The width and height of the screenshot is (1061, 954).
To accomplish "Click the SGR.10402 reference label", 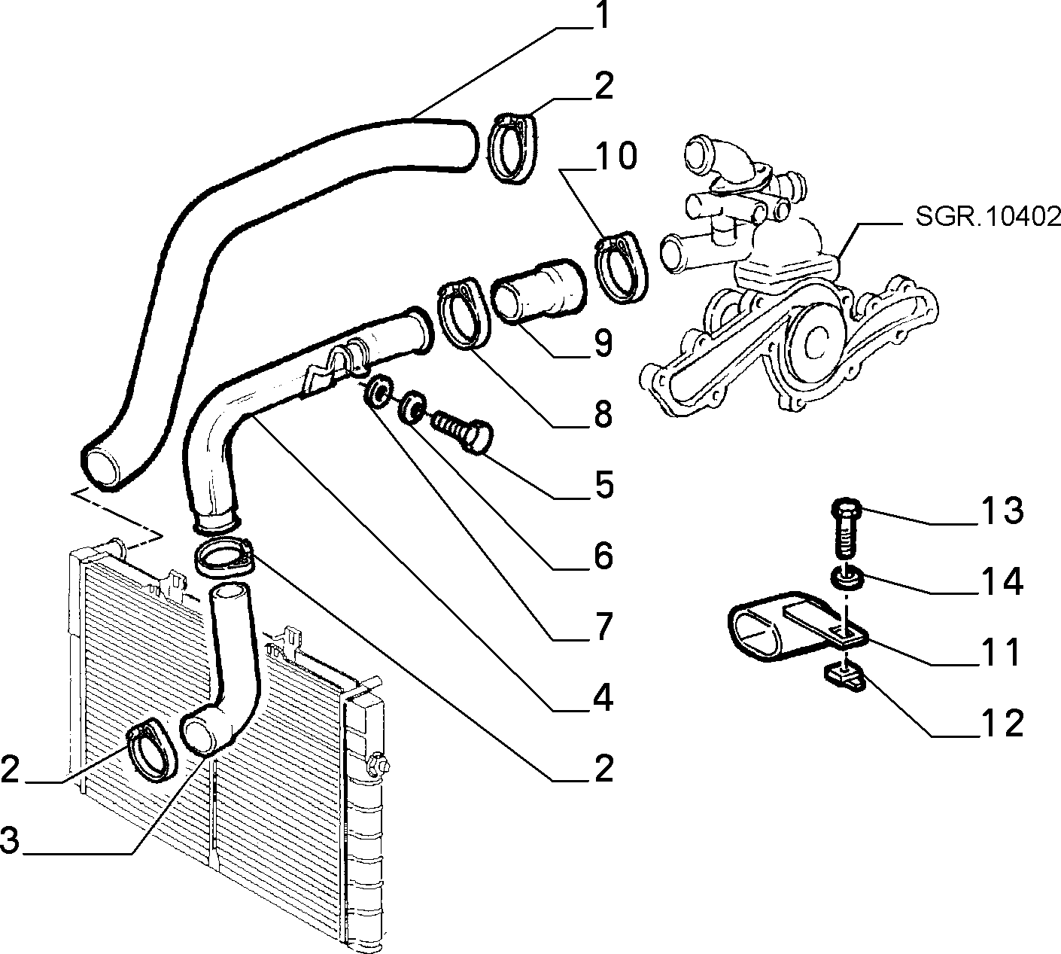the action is coord(988,217).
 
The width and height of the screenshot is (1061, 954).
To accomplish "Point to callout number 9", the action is coord(603,343).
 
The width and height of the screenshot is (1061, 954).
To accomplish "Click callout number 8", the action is coord(603,413).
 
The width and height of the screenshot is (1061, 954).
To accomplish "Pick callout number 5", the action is coord(603,484).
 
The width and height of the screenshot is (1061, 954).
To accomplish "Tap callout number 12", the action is coord(1001,723).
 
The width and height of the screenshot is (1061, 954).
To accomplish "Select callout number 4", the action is coord(603,697).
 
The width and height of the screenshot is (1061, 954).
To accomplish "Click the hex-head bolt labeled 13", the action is coord(845,529).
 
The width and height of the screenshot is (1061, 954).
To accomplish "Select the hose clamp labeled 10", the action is coord(621,267).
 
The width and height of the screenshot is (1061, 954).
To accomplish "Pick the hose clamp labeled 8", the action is coord(464,312).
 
